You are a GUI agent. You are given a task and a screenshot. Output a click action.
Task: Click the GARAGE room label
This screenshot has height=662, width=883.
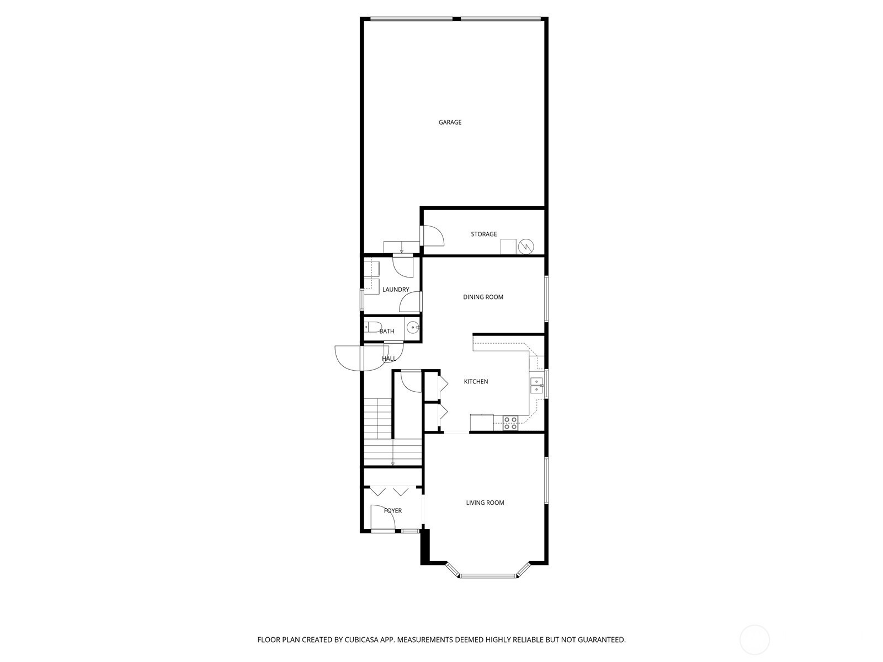pos(450,122)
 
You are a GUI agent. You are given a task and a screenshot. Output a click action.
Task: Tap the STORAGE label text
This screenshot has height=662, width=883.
pos(483,234)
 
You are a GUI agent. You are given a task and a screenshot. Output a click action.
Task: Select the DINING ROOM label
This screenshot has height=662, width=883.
pos(483,297)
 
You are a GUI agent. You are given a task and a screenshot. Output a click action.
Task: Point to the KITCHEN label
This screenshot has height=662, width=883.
pos(476,381)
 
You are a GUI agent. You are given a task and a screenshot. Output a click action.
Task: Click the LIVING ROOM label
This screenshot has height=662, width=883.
pos(485,503)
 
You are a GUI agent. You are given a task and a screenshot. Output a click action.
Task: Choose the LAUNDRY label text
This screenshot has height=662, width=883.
pos(396,290)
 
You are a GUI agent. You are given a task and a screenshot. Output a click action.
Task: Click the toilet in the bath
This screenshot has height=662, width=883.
pos(371,327)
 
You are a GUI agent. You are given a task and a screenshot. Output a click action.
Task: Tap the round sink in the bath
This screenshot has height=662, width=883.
pos(412,328)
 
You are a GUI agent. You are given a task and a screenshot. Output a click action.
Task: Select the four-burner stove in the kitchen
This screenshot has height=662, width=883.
pos(510,423)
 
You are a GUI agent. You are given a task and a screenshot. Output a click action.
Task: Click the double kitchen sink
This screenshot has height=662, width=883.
pos(536,385)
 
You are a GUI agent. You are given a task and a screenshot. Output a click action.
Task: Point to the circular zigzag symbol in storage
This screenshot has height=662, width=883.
pos(525,247)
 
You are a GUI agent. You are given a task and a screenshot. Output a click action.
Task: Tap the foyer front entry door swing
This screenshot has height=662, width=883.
pos(382,517)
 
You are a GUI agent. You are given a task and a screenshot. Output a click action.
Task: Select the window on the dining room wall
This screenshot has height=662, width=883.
pos(546,298)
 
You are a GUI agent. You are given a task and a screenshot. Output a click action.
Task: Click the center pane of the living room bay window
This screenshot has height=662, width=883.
pos(488,575)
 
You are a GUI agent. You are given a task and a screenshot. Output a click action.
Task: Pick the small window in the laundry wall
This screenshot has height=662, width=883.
pos(362,299)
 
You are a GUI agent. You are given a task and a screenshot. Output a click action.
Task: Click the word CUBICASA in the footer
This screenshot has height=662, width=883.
pos(361,639)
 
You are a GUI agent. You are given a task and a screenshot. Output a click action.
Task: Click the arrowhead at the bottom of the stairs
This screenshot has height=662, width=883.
pos(392,464)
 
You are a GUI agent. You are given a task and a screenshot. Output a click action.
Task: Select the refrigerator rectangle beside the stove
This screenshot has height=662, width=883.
pos(482,423)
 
